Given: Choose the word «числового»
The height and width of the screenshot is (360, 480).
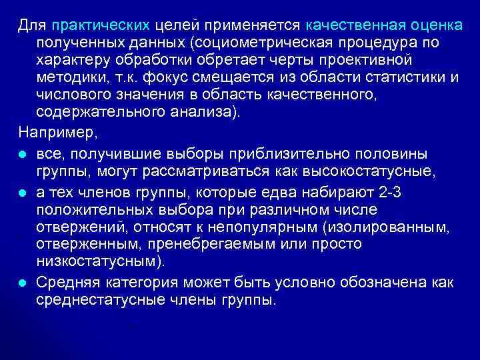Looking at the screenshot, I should coord(74,95).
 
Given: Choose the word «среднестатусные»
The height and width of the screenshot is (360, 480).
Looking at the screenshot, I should coord(105,299).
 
